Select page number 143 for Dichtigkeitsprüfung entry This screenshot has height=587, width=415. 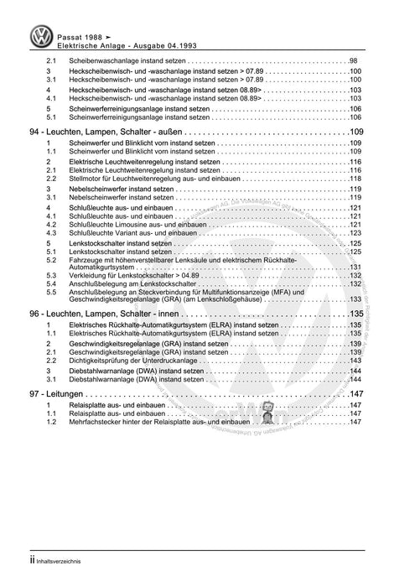click(x=355, y=351)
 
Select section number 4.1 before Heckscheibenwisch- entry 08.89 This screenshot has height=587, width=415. click(x=50, y=98)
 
